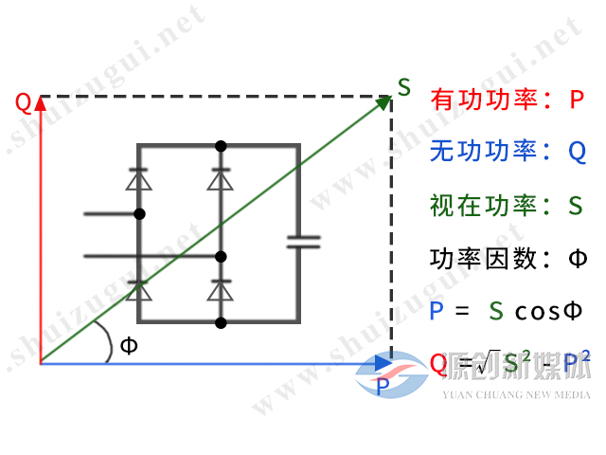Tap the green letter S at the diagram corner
pos(404,88)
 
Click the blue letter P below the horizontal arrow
pos(382,385)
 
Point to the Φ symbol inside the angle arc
pos(129,345)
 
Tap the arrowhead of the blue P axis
pos(382,363)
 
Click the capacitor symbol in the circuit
pos(303,241)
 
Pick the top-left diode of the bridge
pos(140,178)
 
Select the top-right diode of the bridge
pos(221,178)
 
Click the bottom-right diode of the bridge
pos(221,290)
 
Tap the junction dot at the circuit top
pos(221,146)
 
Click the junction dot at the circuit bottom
pos(221,323)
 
